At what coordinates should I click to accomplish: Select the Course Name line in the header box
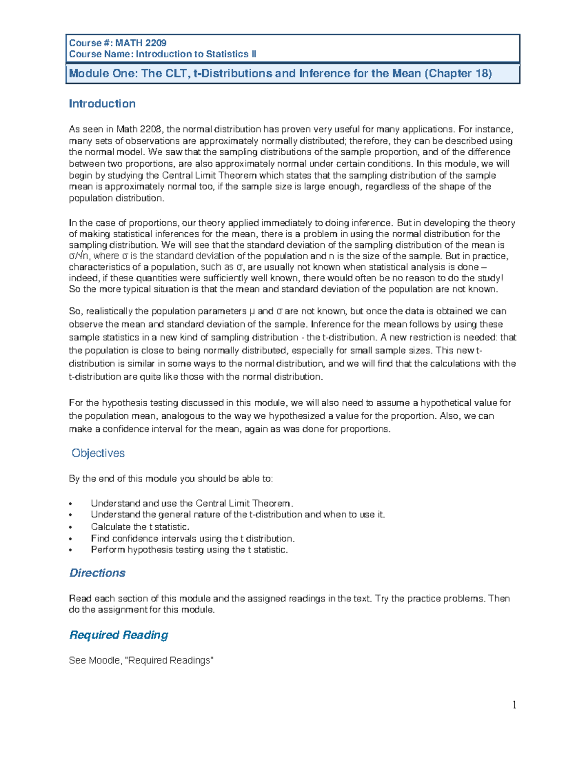tap(163, 54)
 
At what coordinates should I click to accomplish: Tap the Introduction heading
tap(102, 103)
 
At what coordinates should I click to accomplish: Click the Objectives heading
tap(98, 453)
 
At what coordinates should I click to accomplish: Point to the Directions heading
tap(97, 573)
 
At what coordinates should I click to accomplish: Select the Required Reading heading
tap(119, 635)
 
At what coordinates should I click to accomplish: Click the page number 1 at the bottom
tap(514, 704)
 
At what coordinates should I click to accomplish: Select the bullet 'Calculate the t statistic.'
tap(140, 527)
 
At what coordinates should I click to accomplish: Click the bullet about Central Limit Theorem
tap(192, 503)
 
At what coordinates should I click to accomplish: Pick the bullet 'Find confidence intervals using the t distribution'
tap(192, 538)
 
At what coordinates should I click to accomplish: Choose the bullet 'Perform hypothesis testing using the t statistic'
tap(189, 550)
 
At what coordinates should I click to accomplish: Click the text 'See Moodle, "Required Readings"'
tap(141, 660)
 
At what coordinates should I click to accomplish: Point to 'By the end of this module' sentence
tap(171, 478)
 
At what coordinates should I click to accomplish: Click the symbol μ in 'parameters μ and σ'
tap(251, 311)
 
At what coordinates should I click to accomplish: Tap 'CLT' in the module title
tap(176, 74)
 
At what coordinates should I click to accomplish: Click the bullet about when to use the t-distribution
tap(238, 514)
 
